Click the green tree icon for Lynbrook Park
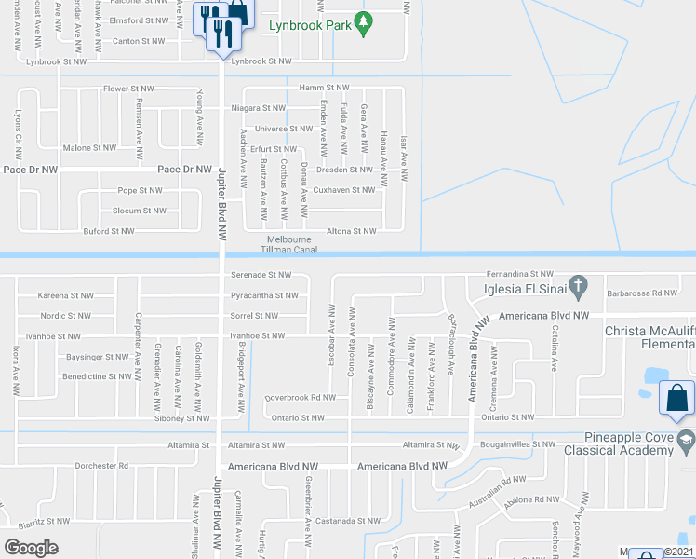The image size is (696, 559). [x=365, y=22]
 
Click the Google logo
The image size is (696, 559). [x=32, y=548]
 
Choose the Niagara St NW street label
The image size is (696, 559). [x=258, y=108]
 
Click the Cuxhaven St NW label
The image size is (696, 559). [x=345, y=190]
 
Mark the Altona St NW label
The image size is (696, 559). [x=351, y=231]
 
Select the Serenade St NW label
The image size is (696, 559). [x=261, y=275]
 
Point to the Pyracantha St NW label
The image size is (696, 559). [x=265, y=295]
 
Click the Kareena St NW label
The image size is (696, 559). [x=65, y=295]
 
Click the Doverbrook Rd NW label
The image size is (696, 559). [x=300, y=397]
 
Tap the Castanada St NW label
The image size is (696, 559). [x=347, y=521]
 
